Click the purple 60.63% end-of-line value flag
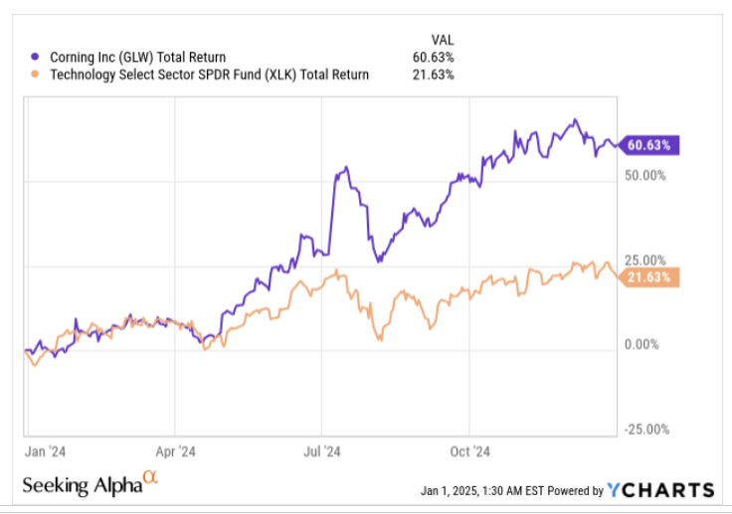(x=649, y=145)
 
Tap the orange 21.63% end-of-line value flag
(x=649, y=276)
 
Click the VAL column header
(x=443, y=39)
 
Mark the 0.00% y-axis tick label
(x=644, y=344)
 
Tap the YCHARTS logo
(x=661, y=489)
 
